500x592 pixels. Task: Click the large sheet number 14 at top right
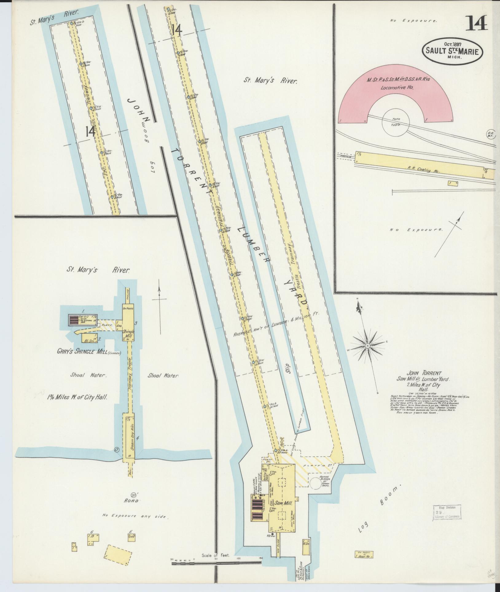(x=477, y=23)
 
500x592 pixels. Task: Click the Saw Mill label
(x=282, y=503)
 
